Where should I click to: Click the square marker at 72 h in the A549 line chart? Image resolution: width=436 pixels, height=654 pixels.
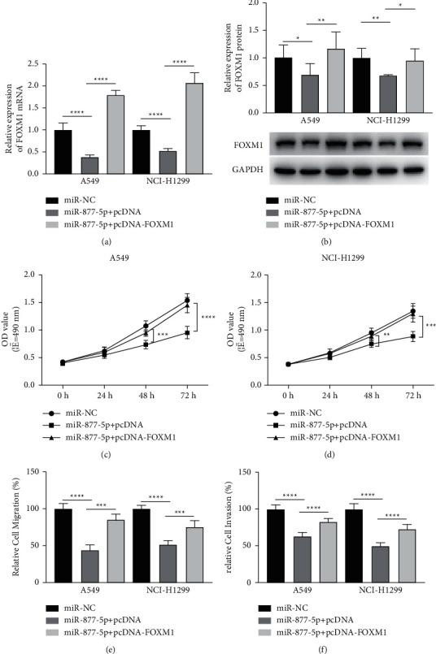[x=187, y=332]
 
